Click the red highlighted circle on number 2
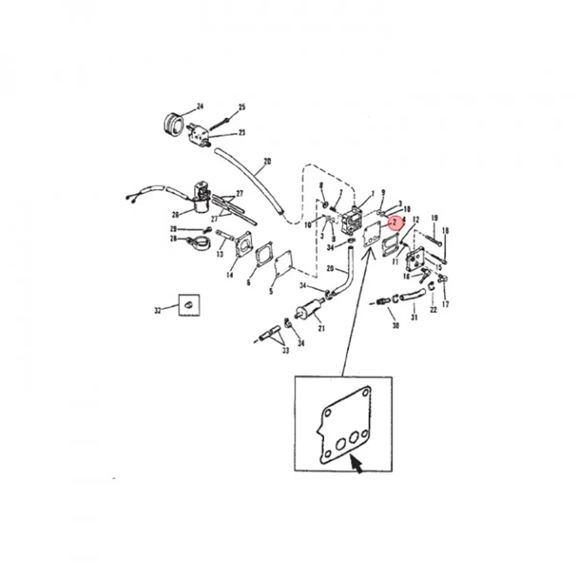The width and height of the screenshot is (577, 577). (394, 223)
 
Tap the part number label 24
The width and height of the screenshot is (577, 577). (200, 106)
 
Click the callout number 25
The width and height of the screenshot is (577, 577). (242, 107)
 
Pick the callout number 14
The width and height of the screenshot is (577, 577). (230, 275)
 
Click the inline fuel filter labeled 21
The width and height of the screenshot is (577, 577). (306, 309)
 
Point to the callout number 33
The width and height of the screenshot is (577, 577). (286, 351)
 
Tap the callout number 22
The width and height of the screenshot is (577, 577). (433, 310)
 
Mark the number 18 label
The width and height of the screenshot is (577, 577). (445, 231)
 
